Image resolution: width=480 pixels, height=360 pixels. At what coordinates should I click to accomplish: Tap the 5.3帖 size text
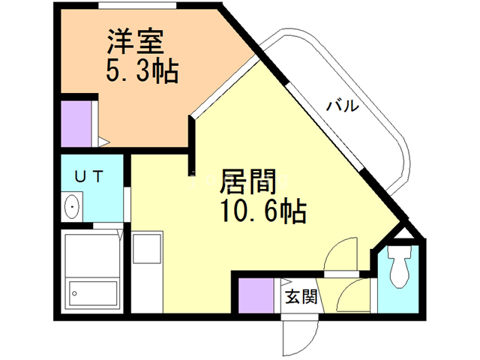[x=142, y=73]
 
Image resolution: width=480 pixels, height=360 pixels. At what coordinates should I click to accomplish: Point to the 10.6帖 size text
[x=262, y=212]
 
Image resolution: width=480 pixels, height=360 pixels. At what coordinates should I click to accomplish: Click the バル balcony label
[x=342, y=106]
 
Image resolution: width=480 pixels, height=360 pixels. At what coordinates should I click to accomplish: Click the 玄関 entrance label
[x=301, y=295]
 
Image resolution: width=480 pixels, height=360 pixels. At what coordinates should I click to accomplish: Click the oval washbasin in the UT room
[x=73, y=205]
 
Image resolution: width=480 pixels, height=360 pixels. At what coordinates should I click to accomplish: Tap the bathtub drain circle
[x=74, y=291]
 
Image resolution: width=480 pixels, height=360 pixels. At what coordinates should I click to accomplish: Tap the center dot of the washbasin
[x=71, y=206]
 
